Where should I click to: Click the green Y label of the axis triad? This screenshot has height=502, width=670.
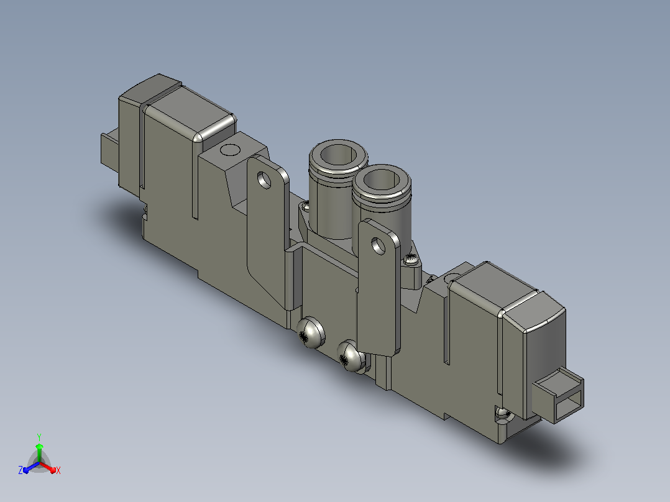(39, 437)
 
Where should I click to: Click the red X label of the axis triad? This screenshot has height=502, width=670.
(58, 470)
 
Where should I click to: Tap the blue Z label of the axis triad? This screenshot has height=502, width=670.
(21, 470)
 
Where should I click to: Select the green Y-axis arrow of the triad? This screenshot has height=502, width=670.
(39, 452)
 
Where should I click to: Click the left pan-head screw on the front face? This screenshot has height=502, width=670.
(311, 333)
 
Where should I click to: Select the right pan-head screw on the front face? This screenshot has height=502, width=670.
(351, 355)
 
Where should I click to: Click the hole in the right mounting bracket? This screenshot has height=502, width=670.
(378, 246)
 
